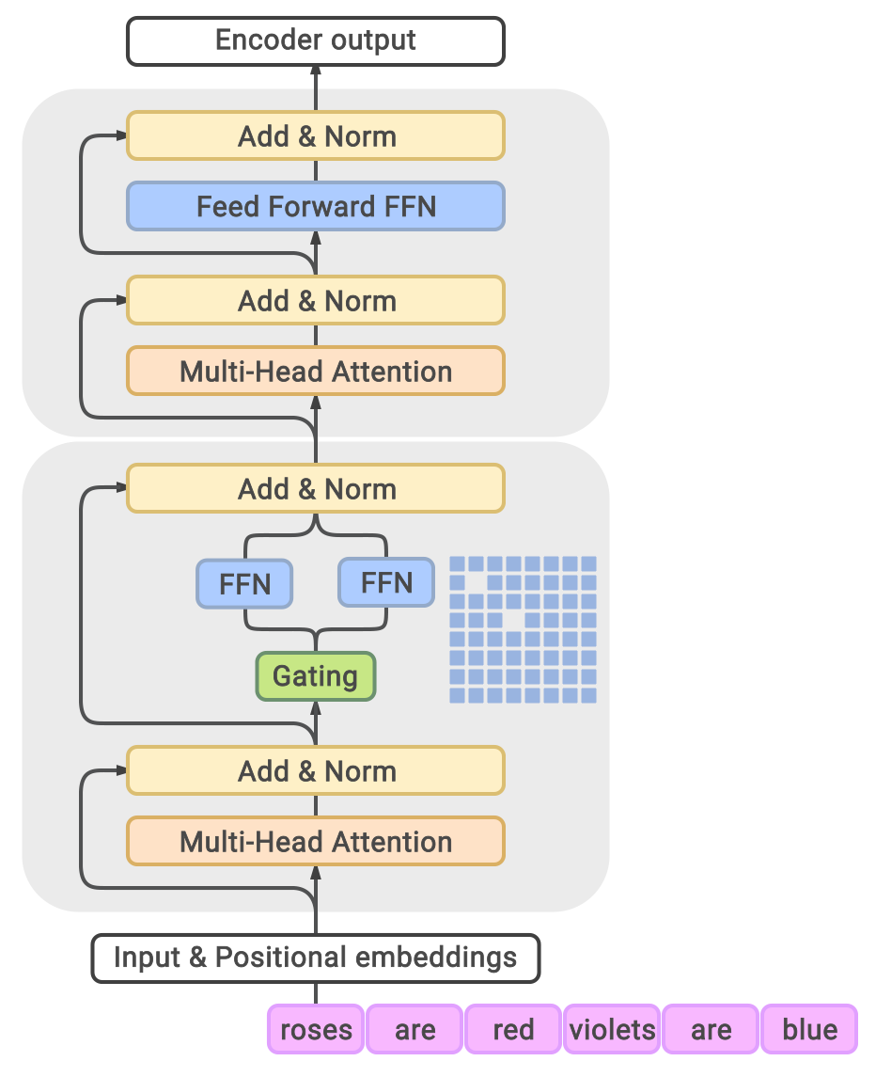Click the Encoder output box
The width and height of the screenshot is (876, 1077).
coord(316,41)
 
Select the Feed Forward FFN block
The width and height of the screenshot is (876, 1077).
coord(316,206)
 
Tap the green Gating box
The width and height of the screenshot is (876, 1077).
coord(316,676)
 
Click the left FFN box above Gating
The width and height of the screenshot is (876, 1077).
coord(244,583)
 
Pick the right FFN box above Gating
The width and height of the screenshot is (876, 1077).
coord(386,582)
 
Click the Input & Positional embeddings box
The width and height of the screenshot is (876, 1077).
coord(316,958)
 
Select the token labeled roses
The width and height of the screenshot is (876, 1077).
coord(316,1028)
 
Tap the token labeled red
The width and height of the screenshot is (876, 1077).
coord(513,1028)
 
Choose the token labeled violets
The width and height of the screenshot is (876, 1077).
coord(612,1028)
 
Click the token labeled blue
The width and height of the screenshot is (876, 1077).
coord(809,1028)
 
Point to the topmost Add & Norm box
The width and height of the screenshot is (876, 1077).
coord(316,136)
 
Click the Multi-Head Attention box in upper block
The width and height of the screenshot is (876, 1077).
coord(316,371)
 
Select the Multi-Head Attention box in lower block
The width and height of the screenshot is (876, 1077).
coord(316,841)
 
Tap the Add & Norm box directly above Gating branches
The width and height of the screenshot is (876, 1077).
coord(316,489)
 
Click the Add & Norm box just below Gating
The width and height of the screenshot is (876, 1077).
coord(316,771)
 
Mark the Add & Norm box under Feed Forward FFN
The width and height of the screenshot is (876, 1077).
coord(316,301)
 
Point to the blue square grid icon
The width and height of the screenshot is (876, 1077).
coord(523,629)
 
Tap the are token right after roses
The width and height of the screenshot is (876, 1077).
coord(415,1028)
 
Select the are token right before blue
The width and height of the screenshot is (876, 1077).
coord(711,1028)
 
